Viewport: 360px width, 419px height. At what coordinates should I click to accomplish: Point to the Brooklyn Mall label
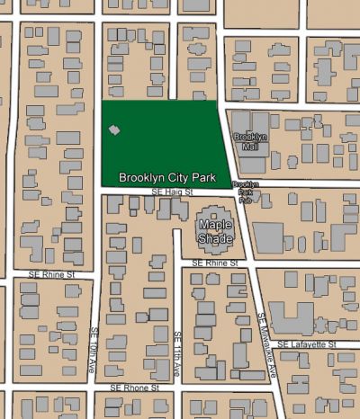pyautogui.click(x=250, y=142)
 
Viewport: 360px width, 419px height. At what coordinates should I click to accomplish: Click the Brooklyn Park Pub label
pyautogui.click(x=245, y=192)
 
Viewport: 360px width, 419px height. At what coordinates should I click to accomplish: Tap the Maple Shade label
pyautogui.click(x=216, y=231)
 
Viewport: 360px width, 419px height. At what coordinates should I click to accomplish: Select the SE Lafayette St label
pyautogui.click(x=305, y=344)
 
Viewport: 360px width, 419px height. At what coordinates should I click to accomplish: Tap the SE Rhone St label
pyautogui.click(x=134, y=388)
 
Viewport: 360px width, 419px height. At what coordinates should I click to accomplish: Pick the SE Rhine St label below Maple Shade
pyautogui.click(x=215, y=263)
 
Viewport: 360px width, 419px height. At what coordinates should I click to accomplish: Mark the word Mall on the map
pyautogui.click(x=250, y=147)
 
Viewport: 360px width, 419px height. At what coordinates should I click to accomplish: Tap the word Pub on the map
pyautogui.click(x=245, y=201)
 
